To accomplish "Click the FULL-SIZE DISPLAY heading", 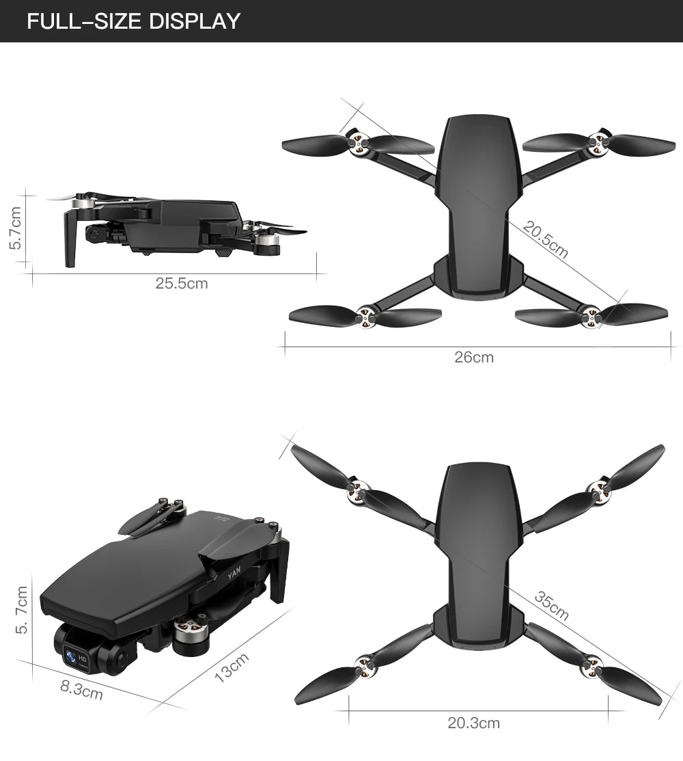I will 134,21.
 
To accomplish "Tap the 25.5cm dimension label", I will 182,283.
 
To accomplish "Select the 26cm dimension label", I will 474,357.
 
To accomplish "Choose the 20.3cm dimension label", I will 474,723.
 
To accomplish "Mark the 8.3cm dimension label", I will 82,691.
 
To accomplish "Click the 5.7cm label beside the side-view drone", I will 18,229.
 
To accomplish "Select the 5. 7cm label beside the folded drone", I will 23,609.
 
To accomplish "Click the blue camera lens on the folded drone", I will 71,657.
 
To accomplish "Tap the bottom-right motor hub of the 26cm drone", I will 590,316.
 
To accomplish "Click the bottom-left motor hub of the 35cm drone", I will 363,662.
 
